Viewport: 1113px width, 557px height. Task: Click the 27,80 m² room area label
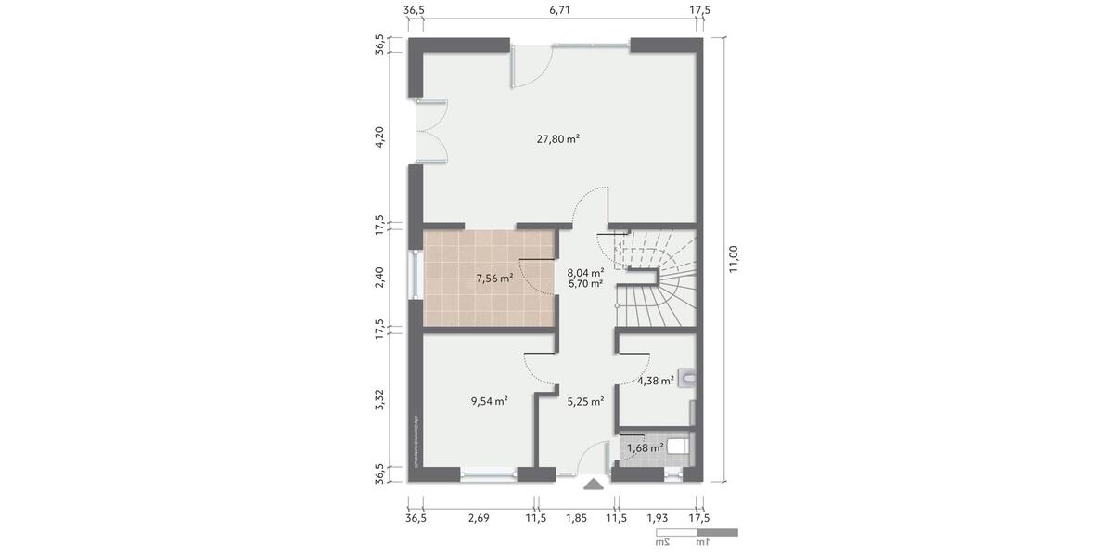(558, 139)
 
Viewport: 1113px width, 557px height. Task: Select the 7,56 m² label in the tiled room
(493, 278)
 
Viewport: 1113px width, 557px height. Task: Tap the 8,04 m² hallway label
(585, 273)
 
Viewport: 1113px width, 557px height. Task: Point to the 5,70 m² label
(585, 284)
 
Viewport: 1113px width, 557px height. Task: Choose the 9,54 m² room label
(489, 402)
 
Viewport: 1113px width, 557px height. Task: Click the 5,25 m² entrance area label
(585, 402)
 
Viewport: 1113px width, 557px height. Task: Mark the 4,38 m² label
(655, 381)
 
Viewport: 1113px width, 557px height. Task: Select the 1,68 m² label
(645, 448)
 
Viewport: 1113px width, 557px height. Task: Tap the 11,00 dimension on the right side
(734, 259)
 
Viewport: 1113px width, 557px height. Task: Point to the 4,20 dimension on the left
(379, 139)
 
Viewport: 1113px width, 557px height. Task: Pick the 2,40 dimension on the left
(379, 278)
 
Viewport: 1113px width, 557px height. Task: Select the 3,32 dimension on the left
(379, 401)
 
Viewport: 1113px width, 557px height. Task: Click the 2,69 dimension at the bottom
(480, 517)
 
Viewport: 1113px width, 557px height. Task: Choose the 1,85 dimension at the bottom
(576, 517)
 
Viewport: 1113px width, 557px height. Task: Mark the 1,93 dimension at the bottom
(657, 517)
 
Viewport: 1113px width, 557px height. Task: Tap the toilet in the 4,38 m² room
(687, 377)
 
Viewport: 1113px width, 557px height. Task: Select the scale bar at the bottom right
(696, 533)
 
